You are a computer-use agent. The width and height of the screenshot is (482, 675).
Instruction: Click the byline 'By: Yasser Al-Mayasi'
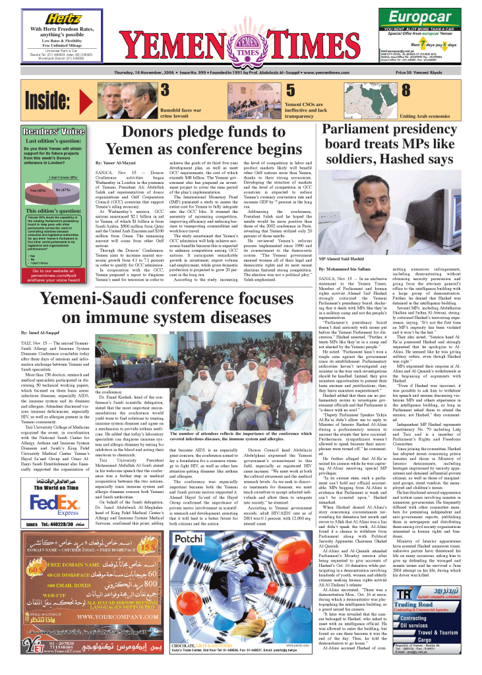(x=98, y=161)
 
